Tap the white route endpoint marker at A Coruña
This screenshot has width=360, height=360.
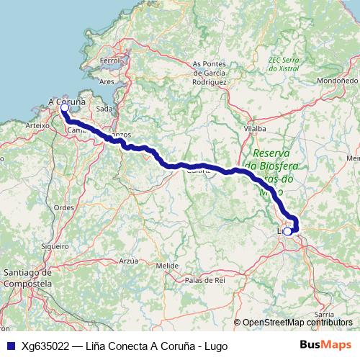click(64, 109)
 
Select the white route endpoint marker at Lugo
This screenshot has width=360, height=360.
click(288, 231)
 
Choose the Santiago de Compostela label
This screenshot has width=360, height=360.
click(27, 277)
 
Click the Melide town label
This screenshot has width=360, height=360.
click(167, 265)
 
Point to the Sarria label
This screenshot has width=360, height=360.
click(325, 315)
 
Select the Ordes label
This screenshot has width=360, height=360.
click(64, 207)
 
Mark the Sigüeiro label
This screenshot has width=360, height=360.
click(55, 246)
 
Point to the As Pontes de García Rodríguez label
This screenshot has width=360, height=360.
click(210, 73)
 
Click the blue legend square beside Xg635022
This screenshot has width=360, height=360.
click(10, 346)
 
